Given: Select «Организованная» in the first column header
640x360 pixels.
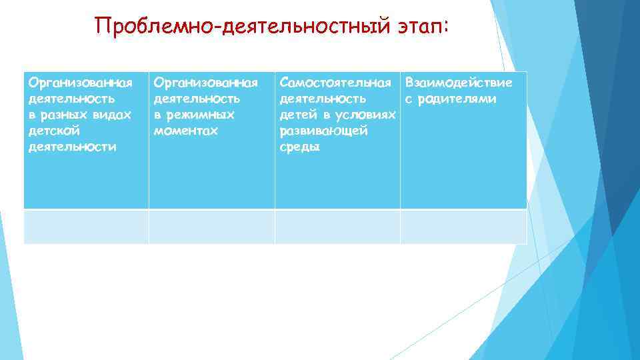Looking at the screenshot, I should (x=80, y=83).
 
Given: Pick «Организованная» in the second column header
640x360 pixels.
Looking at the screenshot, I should (x=205, y=83).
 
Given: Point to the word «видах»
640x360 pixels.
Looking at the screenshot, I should (x=113, y=115).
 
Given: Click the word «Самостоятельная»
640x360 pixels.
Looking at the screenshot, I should (x=335, y=83).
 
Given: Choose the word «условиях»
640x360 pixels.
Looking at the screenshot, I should (x=367, y=115).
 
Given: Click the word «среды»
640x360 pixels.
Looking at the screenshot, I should (x=300, y=147).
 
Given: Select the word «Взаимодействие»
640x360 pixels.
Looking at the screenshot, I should (x=459, y=83).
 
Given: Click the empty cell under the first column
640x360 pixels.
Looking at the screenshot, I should (x=86, y=227).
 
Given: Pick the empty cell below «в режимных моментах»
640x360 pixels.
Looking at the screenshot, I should (x=211, y=227).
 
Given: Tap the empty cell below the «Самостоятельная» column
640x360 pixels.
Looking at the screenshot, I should (x=337, y=227).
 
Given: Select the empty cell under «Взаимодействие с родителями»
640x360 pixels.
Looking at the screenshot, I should (x=463, y=227).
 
